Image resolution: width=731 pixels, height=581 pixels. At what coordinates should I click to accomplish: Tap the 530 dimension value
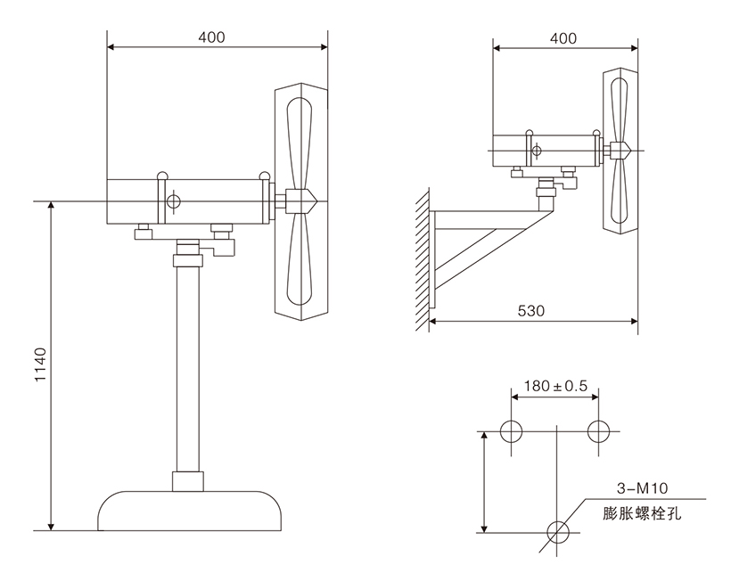531,311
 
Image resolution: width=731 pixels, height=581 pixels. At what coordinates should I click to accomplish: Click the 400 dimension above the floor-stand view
212,37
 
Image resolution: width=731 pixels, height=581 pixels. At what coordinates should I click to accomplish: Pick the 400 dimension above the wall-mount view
563,38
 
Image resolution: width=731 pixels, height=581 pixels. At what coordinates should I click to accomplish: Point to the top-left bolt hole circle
511,432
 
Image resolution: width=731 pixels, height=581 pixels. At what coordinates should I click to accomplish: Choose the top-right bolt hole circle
599,432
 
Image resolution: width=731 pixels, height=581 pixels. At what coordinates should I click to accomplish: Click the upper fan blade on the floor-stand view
300,138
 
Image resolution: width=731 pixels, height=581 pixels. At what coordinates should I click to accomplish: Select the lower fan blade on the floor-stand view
300,263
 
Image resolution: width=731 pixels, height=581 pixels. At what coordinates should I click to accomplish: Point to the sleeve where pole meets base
189,481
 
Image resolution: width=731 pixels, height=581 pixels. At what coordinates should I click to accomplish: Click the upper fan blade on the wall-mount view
621,102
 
